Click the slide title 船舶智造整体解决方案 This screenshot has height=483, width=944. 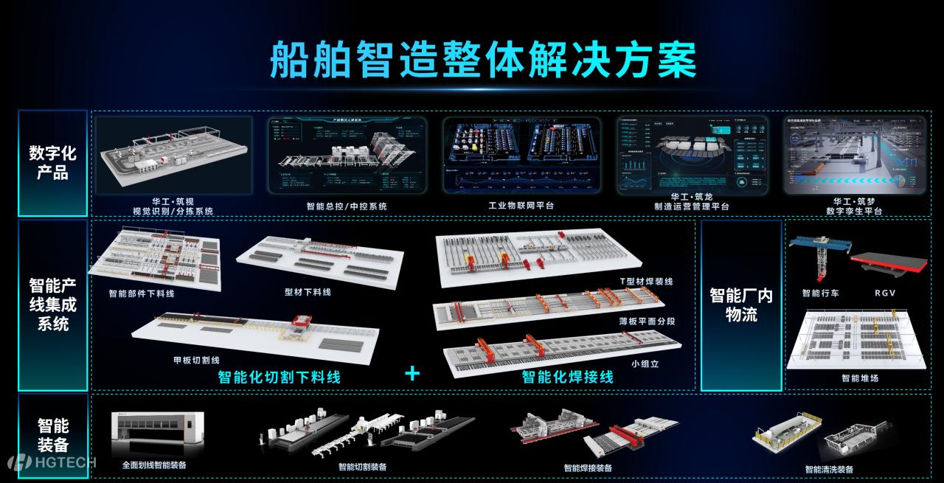(x=482, y=60)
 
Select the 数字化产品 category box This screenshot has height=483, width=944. (x=52, y=163)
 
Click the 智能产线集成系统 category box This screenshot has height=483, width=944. (x=52, y=304)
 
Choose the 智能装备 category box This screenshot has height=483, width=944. (x=52, y=435)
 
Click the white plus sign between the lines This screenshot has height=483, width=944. (x=412, y=374)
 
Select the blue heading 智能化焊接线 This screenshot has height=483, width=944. (x=567, y=377)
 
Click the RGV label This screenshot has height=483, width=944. (x=884, y=293)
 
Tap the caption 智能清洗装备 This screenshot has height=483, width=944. (x=829, y=469)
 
